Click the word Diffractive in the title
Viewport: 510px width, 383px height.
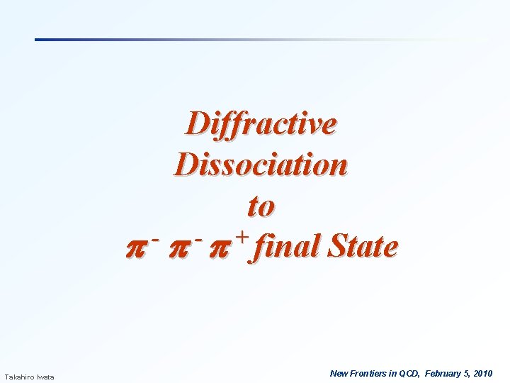coord(261,124)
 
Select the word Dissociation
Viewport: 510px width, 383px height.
coord(261,165)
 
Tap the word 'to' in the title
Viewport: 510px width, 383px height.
coord(261,206)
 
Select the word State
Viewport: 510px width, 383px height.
coord(360,247)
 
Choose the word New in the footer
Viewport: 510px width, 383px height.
coord(339,373)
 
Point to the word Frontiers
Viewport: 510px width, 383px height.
coord(368,373)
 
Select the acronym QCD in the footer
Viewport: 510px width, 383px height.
coord(409,373)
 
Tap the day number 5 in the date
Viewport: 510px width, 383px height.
coord(467,373)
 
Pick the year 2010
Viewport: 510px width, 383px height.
coord(483,373)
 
